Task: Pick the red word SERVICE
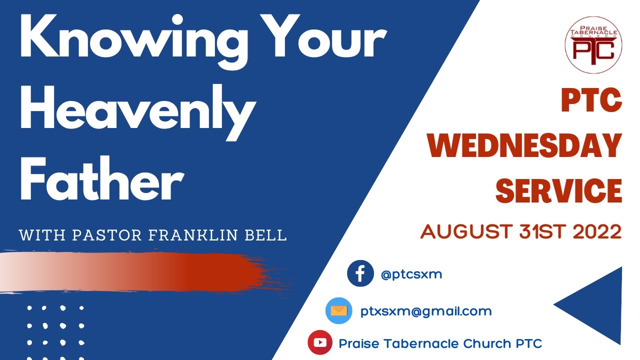pyautogui.click(x=558, y=190)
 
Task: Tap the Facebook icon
pyautogui.click(x=360, y=274)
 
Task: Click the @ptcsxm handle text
pyautogui.click(x=411, y=274)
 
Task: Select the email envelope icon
pyautogui.click(x=338, y=311)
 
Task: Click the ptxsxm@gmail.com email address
pyautogui.click(x=426, y=311)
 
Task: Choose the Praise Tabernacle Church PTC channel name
pyautogui.click(x=440, y=343)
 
